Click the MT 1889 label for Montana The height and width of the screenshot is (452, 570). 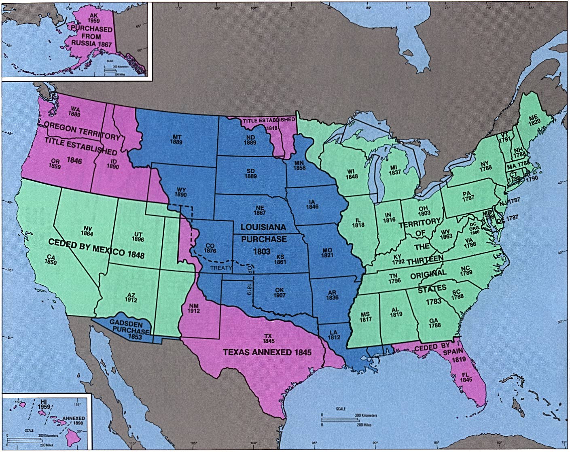[x=176, y=139]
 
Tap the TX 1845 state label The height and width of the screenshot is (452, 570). [x=268, y=338]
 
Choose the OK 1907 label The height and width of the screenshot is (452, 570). [x=280, y=292]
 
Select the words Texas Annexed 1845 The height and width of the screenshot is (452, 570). [x=267, y=352]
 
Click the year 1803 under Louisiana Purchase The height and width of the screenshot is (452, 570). [x=262, y=251]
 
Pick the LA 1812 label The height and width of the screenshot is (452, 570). [x=334, y=335]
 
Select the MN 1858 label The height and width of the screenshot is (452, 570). [x=300, y=165]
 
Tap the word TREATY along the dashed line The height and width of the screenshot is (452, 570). [x=221, y=267]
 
